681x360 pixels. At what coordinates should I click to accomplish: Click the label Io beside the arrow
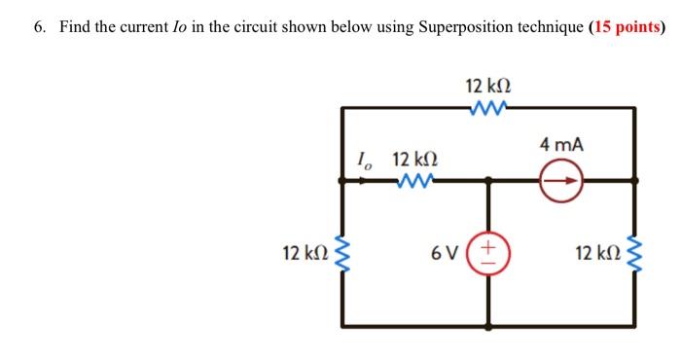click(x=364, y=159)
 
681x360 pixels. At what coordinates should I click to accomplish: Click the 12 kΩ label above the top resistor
click(x=487, y=86)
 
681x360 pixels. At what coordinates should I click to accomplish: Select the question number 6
click(x=39, y=26)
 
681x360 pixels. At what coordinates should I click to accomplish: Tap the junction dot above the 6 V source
click(x=487, y=179)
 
